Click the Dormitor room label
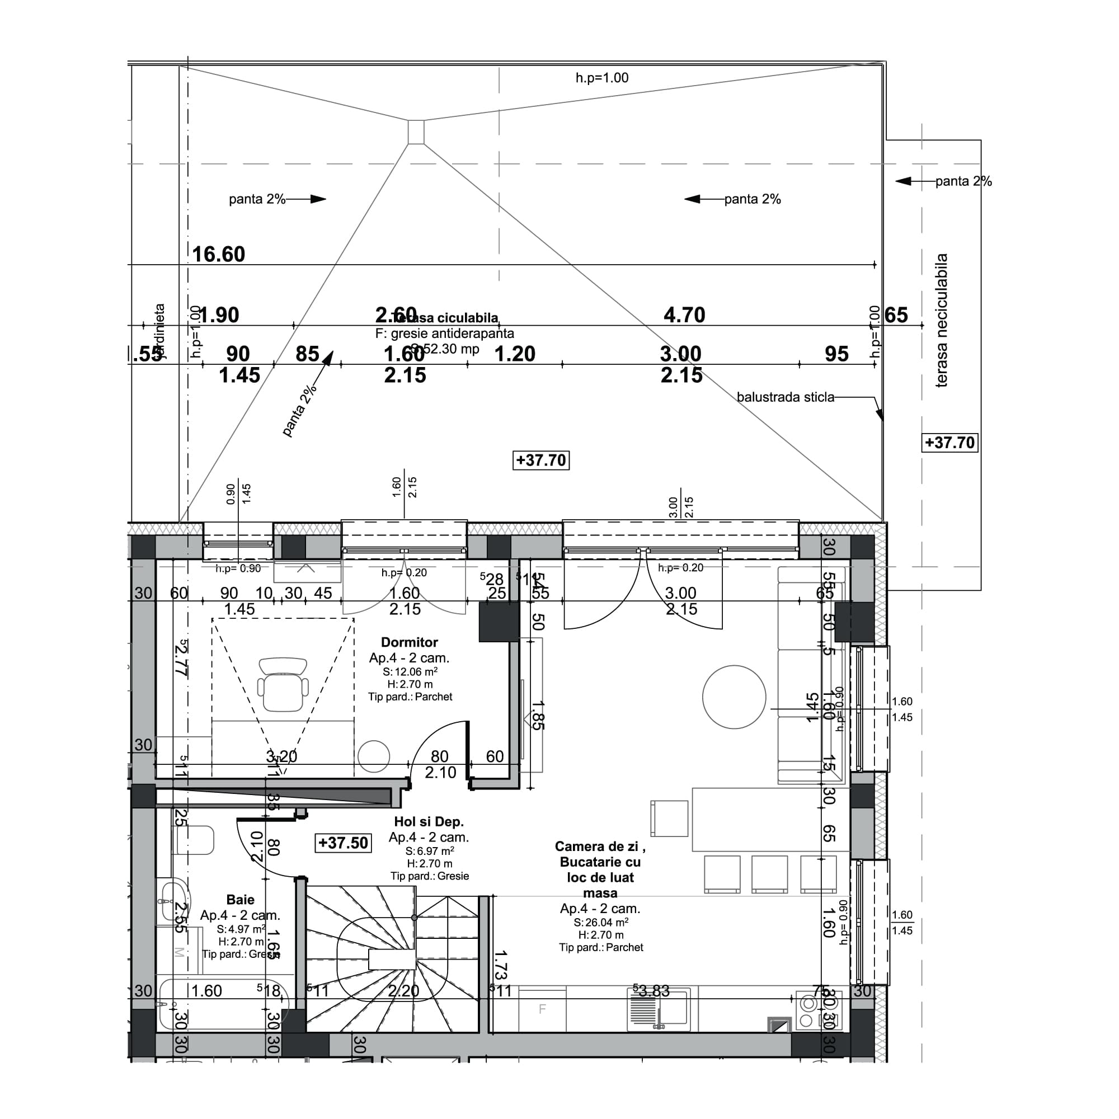(x=410, y=642)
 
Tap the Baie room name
(x=240, y=900)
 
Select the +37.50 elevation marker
(x=343, y=843)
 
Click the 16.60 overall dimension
(x=218, y=254)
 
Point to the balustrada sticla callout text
(x=786, y=397)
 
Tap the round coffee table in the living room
(x=734, y=697)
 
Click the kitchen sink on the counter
(x=659, y=1009)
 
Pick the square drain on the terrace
(x=416, y=132)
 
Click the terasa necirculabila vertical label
(x=942, y=320)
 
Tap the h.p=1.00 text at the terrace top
(x=602, y=78)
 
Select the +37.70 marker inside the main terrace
(x=541, y=460)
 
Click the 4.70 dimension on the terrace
(x=684, y=315)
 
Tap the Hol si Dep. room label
(x=429, y=821)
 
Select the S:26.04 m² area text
(x=600, y=922)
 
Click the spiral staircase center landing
(x=393, y=959)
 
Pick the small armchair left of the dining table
(x=669, y=819)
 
